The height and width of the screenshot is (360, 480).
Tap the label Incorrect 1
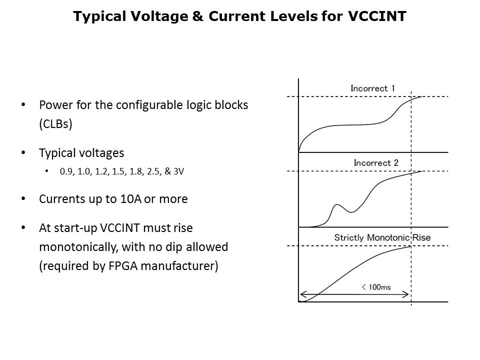[372, 88]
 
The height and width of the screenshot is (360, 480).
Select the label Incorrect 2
[375, 163]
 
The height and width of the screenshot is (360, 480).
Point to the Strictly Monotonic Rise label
[382, 237]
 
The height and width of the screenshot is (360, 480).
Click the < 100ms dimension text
[375, 287]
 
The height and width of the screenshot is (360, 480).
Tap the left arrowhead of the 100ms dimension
[301, 294]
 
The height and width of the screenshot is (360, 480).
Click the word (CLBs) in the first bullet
[56, 124]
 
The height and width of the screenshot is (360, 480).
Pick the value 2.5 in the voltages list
[151, 171]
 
